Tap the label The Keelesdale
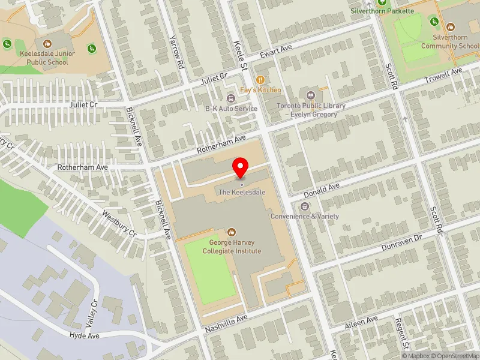coord(242,192)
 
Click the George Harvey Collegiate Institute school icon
coord(232,232)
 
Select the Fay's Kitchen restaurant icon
coord(260,79)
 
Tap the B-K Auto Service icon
coord(231,98)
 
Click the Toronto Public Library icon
coord(311,95)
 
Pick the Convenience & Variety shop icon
coord(305,206)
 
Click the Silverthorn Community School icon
coord(450,26)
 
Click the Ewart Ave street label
coord(275,52)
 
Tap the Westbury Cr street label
coord(119,222)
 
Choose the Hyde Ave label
coord(84,336)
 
